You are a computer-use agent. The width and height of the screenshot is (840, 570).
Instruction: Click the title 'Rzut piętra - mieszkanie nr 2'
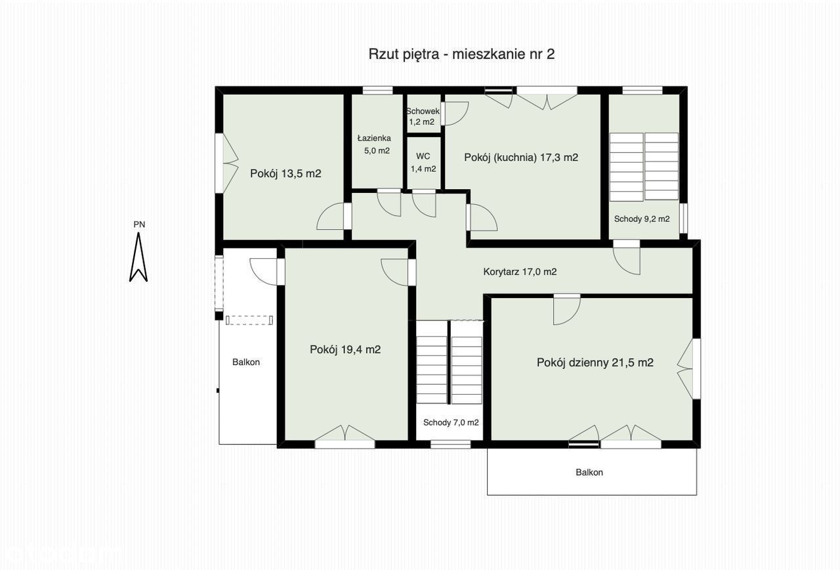click(x=461, y=55)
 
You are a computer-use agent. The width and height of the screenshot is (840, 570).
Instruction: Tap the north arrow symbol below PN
click(x=138, y=257)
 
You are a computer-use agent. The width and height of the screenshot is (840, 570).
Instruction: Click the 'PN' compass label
click(x=139, y=225)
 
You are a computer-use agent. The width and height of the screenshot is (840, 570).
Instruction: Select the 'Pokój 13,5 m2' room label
click(x=285, y=174)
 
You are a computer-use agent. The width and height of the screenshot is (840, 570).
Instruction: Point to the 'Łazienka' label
click(x=374, y=139)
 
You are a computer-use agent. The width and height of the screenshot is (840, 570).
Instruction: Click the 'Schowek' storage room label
click(x=423, y=112)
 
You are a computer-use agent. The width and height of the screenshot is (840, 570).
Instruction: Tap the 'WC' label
click(x=423, y=156)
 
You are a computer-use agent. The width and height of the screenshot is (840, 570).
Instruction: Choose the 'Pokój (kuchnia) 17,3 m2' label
click(x=521, y=158)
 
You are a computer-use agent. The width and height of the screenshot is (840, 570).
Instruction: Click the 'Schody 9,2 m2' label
click(x=642, y=219)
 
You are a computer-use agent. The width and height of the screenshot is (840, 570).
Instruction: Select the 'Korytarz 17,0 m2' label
click(x=520, y=272)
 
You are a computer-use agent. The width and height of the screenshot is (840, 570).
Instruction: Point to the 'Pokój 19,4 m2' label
click(x=345, y=350)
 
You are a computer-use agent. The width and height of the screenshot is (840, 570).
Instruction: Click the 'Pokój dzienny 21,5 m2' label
click(x=595, y=362)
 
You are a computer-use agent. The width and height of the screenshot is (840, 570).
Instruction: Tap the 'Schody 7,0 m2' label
click(x=451, y=422)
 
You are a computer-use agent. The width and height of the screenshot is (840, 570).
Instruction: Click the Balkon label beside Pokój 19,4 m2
click(x=246, y=362)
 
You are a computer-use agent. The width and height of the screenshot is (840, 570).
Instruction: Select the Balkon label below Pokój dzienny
click(x=589, y=472)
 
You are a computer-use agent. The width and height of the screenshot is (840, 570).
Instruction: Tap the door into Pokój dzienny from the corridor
click(x=567, y=309)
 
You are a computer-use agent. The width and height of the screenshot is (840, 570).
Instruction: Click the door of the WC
click(x=424, y=203)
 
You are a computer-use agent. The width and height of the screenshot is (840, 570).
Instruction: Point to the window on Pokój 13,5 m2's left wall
click(x=219, y=164)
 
